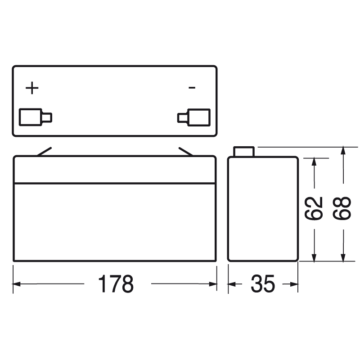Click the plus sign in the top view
coord(32,88)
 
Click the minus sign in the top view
coord(192,87)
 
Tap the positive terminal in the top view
coord(35,117)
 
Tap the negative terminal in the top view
coord(194,117)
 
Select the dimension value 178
coord(116,284)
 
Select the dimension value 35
coord(263,284)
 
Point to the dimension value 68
coord(343,208)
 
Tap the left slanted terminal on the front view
coord(44,152)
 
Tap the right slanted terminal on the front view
coord(186,152)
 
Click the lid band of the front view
coord(115,170)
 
